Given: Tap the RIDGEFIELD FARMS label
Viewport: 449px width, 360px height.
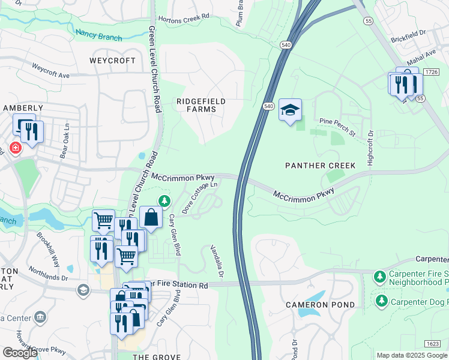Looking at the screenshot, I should (201, 106).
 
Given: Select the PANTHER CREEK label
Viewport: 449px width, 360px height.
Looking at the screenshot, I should (321, 165).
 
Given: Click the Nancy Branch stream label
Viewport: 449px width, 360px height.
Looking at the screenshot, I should (98, 34).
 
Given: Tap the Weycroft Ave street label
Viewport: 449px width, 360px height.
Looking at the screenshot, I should (51, 71).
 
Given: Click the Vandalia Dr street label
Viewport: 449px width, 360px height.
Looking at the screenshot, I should (216, 262).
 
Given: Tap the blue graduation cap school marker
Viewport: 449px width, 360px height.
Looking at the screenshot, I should (291, 110).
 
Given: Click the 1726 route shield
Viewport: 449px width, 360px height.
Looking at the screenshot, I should (430, 72).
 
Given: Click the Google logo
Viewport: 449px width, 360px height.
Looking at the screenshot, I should (20, 352).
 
